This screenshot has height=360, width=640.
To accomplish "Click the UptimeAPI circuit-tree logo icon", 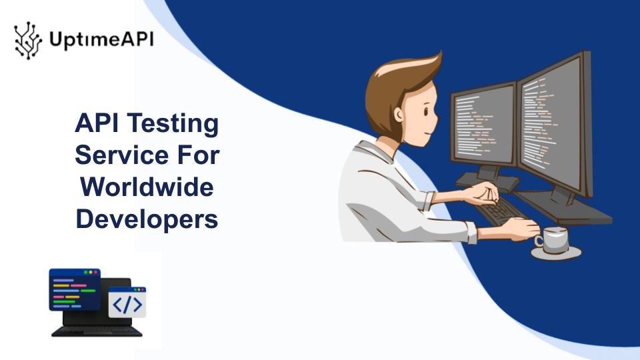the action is click(x=28, y=41).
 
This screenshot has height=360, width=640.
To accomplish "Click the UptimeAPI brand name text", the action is click(x=101, y=40).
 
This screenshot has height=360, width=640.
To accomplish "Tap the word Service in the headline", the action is click(x=121, y=155).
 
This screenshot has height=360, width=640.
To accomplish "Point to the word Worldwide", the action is click(x=147, y=187).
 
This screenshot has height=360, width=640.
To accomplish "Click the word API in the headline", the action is click(x=96, y=123).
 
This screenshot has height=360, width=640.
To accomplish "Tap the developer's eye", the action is click(x=426, y=111).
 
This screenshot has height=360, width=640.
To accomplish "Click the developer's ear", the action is click(x=398, y=115).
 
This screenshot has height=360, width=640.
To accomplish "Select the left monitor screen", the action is click(x=484, y=124).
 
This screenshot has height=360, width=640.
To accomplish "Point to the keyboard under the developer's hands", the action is click(x=500, y=211).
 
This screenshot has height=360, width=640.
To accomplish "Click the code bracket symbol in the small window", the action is click(x=127, y=305).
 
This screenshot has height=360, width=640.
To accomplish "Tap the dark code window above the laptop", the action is click(x=75, y=289).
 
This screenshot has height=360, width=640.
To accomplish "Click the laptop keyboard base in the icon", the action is click(x=97, y=331).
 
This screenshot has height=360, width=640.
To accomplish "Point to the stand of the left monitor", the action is click(x=487, y=179).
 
